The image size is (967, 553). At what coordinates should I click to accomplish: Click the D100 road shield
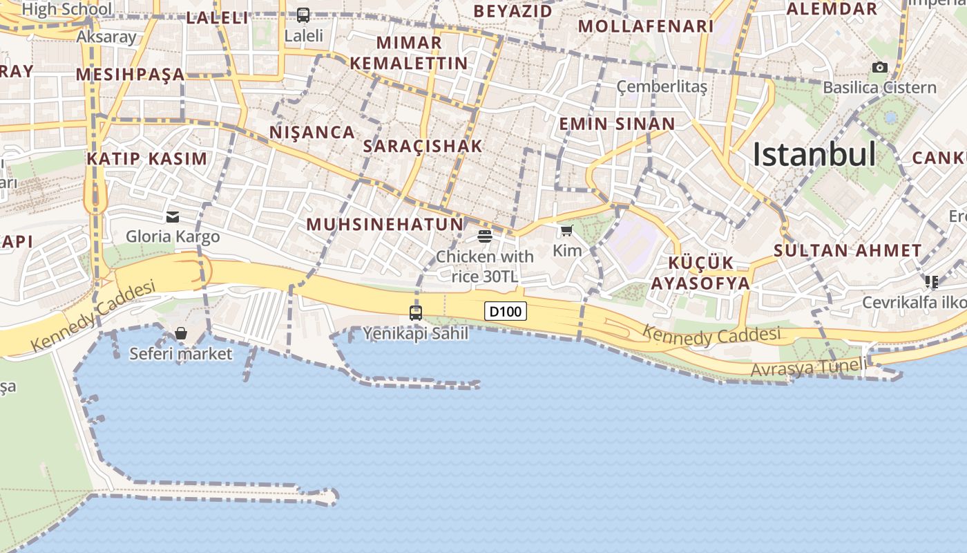pos(506,312)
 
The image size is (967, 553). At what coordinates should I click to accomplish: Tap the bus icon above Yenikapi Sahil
pos(416,312)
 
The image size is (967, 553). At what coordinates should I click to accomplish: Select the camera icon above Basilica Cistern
pos(879,67)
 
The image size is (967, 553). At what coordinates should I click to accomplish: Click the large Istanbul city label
pos(814,154)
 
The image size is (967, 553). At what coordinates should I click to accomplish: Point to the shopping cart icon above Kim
pos(567,230)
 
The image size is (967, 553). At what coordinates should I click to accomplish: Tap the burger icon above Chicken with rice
pos(485,236)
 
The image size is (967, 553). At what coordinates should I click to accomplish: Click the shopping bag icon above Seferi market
pos(181,334)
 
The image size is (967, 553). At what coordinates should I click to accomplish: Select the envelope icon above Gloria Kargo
pos(173,217)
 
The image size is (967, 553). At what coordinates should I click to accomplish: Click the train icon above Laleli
pos(303,15)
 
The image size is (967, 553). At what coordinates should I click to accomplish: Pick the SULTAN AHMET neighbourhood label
pos(848,250)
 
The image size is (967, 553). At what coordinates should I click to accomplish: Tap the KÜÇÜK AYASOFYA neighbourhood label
pos(700,273)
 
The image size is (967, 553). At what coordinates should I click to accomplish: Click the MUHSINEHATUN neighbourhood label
pos(385,224)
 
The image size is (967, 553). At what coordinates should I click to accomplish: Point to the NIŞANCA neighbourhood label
pos(312,132)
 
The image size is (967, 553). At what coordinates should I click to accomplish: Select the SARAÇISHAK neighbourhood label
pos(422,146)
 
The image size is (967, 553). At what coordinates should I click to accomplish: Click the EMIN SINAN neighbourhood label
pos(617,124)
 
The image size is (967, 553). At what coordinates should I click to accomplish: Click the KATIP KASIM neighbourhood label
pos(146,158)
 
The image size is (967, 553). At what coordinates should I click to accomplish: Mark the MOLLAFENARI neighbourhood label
pos(645,26)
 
